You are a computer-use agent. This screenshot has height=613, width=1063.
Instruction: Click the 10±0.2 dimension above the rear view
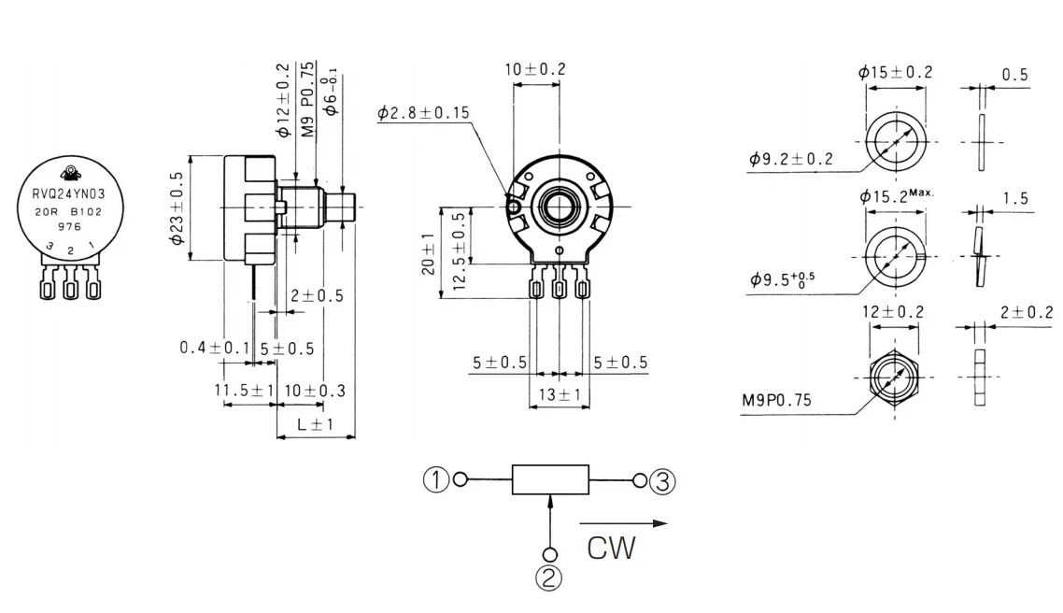tap(535, 69)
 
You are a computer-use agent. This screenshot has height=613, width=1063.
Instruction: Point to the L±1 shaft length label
tap(316, 424)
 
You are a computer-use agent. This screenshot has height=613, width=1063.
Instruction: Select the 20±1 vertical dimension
tap(427, 252)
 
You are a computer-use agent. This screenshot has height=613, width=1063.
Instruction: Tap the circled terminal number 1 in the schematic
tap(436, 480)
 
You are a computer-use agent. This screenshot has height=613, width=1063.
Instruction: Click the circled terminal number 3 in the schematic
tap(662, 481)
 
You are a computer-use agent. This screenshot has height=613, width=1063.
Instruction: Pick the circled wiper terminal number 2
tap(550, 577)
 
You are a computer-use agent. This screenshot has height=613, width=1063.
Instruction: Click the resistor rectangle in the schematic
tap(550, 479)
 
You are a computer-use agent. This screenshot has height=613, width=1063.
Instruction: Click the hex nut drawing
tap(895, 378)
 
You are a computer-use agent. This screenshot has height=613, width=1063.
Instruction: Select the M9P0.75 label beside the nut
tap(777, 401)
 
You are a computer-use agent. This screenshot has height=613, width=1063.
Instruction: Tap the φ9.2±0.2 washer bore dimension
tap(790, 159)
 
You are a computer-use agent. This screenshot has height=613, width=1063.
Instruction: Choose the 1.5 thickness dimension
tap(1014, 199)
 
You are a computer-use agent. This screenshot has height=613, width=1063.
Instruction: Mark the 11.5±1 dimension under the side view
tap(241, 390)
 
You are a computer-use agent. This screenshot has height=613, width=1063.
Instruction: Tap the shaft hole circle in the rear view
tap(559, 205)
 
